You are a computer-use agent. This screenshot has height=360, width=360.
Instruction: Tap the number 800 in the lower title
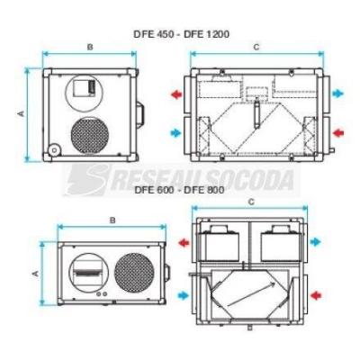click(214, 190)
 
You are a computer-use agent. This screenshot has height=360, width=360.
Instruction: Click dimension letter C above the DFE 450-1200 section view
click(256, 48)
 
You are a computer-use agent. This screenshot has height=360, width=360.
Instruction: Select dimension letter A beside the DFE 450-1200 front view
click(21, 113)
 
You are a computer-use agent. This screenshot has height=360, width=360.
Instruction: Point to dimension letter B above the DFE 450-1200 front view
click(90, 47)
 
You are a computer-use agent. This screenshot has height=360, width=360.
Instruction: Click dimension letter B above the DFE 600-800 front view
click(112, 220)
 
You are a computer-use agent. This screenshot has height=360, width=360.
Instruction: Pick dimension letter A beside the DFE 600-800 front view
click(35, 274)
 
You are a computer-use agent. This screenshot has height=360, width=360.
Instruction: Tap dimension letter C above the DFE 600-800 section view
click(251, 202)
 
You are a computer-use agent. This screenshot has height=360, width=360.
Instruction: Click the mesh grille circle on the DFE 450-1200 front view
click(90, 135)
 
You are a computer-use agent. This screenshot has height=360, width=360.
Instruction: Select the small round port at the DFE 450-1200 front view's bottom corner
click(54, 150)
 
